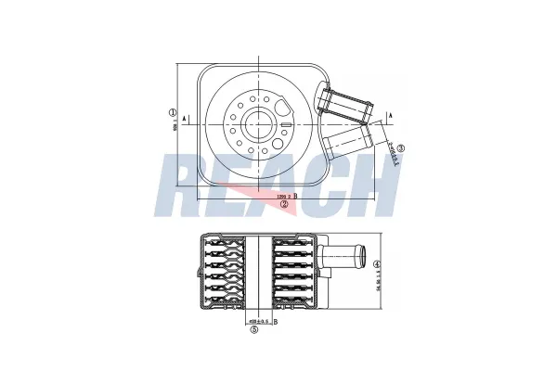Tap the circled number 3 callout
coord(400,147)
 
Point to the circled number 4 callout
coord(376,263)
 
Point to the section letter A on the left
coord(187,119)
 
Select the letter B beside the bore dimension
coord(276,321)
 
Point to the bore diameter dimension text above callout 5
coord(258,321)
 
